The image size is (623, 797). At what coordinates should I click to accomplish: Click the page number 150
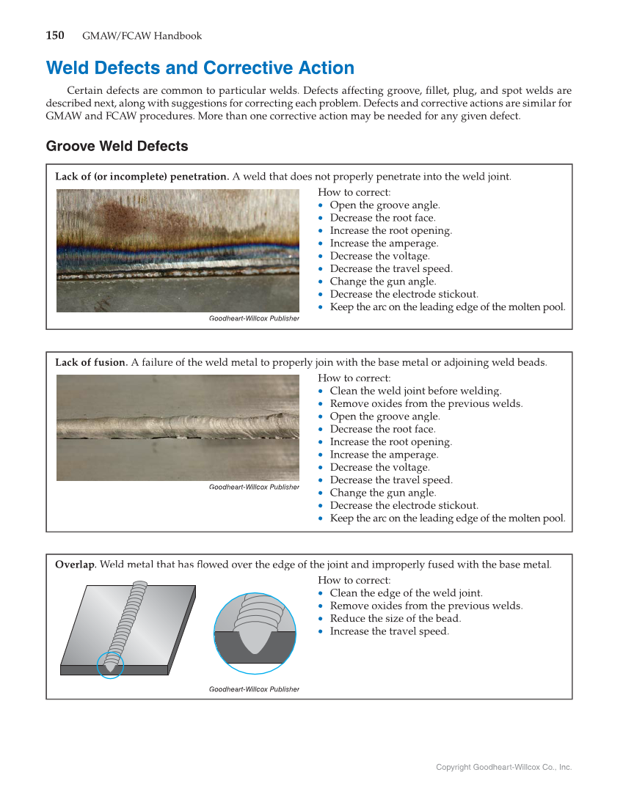coord(55,35)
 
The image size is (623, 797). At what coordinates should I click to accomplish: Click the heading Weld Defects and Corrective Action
coord(200,68)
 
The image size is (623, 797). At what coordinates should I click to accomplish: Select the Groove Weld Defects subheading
coord(117,146)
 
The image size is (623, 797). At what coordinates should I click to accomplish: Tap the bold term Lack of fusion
coord(91,362)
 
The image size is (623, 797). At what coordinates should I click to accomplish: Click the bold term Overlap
coord(75,565)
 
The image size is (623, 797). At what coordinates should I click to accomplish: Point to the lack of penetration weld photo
coord(178,250)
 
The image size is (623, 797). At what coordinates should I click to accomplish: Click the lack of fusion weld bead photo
coord(178,427)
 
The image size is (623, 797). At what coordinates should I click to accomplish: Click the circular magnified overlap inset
coord(255,633)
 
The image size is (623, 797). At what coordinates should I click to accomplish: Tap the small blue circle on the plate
coord(110,665)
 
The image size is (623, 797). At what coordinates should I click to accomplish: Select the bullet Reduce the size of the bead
coord(395,618)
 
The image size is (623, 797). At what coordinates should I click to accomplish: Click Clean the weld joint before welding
coord(415,391)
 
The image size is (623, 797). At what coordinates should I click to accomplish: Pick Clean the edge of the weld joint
coord(406,593)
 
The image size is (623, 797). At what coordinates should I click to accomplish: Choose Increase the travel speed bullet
coord(389,631)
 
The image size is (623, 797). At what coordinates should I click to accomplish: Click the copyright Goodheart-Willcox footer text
coord(503,767)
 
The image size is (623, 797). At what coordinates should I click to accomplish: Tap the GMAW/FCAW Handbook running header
coord(142,36)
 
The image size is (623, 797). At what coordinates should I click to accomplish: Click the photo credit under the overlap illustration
coord(254,689)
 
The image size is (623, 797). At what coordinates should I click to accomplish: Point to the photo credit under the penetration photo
coord(254,318)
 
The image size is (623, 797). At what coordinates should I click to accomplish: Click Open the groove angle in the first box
coord(385,205)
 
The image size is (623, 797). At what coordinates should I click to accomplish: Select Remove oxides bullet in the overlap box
coord(426,606)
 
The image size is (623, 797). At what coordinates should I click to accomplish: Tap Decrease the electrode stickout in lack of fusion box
coord(404,505)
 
